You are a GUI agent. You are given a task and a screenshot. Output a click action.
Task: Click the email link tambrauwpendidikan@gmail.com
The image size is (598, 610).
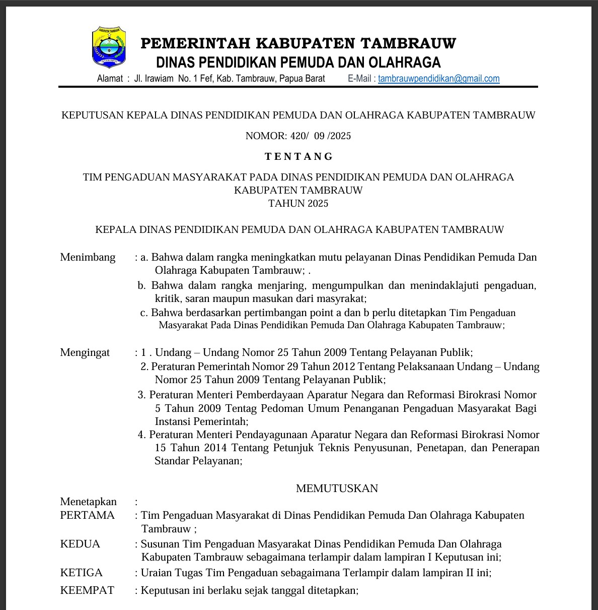[x=438, y=79]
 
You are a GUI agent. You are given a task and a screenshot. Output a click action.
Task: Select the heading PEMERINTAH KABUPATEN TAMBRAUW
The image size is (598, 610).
[x=298, y=44]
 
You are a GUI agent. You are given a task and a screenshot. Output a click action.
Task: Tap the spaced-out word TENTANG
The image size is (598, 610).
[x=299, y=157]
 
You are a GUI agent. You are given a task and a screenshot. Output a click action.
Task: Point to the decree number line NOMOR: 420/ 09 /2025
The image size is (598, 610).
[x=298, y=136]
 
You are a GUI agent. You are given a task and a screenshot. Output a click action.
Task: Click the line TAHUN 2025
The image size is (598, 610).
[x=298, y=203]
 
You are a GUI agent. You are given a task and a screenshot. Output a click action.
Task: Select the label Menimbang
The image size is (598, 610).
[x=88, y=257]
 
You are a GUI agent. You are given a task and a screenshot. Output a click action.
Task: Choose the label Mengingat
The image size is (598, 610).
[x=85, y=352]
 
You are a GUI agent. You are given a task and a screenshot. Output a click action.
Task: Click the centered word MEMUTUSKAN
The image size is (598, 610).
[x=337, y=488]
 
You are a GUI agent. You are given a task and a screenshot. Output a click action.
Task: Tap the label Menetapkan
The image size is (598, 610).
[x=88, y=502]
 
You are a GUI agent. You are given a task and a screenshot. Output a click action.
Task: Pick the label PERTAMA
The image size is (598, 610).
[x=87, y=515]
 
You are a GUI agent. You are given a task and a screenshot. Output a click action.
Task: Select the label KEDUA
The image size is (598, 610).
[x=80, y=544]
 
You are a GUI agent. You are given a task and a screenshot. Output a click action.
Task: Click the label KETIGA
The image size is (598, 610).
[x=81, y=573]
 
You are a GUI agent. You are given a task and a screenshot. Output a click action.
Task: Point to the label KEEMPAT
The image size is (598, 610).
[x=87, y=590]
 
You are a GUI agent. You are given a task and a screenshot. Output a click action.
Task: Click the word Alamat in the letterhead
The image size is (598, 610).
[x=110, y=79]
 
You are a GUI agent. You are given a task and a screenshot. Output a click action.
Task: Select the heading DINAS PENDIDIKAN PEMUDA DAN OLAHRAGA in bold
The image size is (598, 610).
[x=298, y=63]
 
